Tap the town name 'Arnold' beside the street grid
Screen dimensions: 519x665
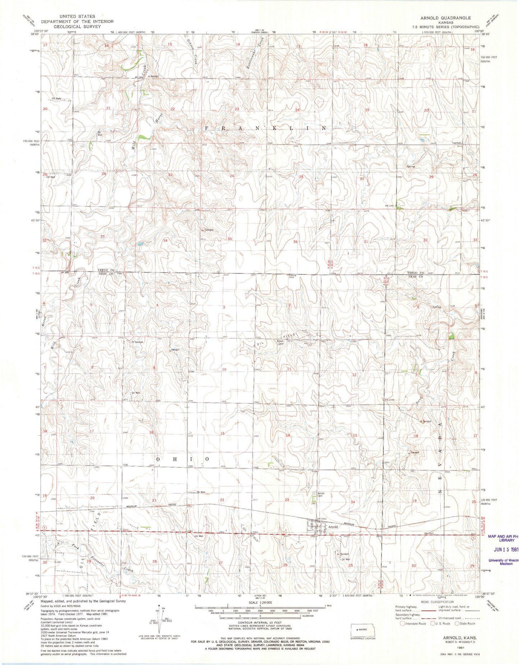(333, 527)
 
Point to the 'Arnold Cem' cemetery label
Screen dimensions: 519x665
(321, 495)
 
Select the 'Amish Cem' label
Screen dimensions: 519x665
(280, 342)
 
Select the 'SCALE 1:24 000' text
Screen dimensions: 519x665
(259, 603)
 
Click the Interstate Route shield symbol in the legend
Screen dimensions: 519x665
(402, 623)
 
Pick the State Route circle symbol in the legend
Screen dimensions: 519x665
(457, 623)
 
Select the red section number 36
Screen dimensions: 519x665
(296, 242)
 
